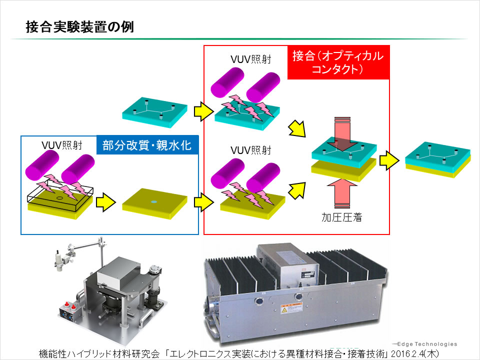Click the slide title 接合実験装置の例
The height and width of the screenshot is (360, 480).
[x=79, y=27]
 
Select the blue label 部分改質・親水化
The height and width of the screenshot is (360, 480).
[x=147, y=145]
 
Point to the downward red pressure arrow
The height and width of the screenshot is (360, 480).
[x=342, y=132]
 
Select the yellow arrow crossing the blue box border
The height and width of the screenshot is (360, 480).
[x=202, y=202]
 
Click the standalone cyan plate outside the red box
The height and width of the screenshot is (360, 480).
[x=155, y=112]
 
